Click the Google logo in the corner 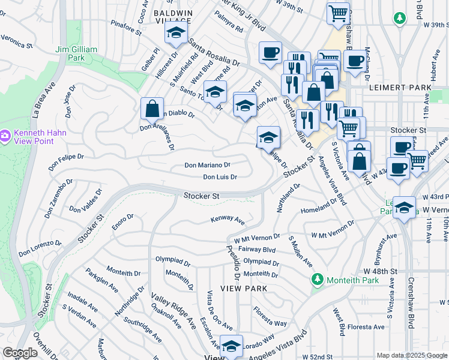(20, 353)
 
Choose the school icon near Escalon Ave (231, 346)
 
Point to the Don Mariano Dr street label (207, 164)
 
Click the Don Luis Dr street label (220, 177)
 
